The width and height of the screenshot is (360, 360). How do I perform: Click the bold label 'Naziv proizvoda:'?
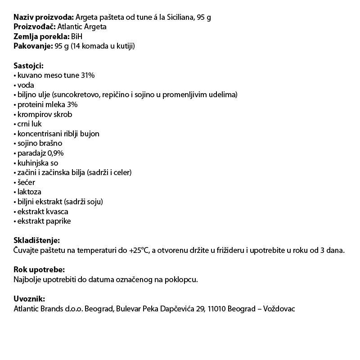point(44,17)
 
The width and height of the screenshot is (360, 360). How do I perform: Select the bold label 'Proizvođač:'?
point(35,27)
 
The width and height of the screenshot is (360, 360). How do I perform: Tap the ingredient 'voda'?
point(26,85)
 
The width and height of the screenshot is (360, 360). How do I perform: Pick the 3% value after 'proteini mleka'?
point(72,105)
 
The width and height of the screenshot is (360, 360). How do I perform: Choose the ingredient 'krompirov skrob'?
point(45,114)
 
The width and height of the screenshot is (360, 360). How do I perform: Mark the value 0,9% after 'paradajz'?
point(55,153)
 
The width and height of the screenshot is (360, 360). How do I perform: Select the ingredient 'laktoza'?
point(29,192)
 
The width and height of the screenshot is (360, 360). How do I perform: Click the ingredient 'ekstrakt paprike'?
point(44,221)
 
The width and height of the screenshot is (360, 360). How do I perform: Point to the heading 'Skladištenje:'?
point(36,241)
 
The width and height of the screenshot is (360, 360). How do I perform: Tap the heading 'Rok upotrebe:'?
point(39,270)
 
